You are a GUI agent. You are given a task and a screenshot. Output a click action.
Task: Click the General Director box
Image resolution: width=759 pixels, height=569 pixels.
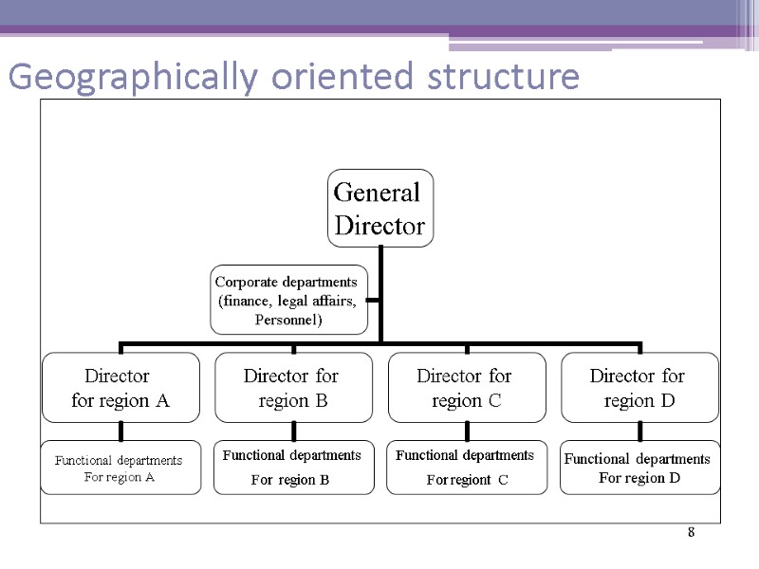379,209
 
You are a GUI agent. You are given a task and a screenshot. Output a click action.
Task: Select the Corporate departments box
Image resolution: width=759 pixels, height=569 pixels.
288,300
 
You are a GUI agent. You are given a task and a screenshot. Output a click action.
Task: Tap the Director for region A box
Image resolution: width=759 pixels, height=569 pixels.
120,388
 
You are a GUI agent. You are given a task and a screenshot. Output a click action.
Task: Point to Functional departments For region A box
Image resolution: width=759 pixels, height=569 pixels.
120,468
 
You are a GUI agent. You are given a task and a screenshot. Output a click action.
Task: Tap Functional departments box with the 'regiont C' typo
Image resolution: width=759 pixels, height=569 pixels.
467,468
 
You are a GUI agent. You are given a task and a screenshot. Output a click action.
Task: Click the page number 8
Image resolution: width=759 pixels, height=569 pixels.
692,533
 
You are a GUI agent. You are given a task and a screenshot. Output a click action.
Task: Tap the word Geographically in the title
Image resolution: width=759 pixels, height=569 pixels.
128,78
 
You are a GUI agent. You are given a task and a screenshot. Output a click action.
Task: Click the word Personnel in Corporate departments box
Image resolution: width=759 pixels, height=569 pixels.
289,321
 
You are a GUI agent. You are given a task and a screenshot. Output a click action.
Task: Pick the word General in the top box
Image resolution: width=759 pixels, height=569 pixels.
377,193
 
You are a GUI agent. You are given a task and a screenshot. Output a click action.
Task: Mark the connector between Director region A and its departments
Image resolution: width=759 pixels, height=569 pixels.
120,431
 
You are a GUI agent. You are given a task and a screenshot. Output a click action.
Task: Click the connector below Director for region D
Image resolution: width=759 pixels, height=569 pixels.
640,431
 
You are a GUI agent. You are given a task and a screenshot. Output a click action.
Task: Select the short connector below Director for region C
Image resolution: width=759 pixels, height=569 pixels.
467,431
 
